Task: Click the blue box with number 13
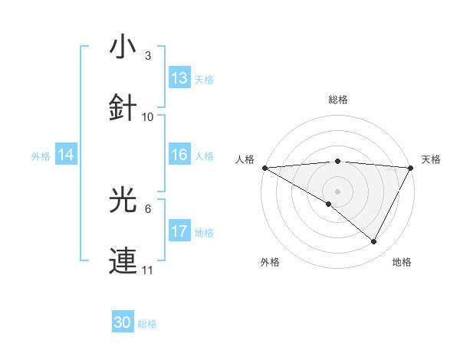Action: [179, 78]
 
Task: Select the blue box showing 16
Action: [179, 155]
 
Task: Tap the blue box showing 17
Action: [179, 231]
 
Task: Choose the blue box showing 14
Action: [66, 155]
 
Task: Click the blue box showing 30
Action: [123, 322]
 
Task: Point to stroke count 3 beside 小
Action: [148, 56]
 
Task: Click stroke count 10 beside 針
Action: [148, 117]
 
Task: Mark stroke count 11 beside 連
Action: [148, 270]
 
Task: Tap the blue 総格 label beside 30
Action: [147, 324]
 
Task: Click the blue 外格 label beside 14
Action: [41, 156]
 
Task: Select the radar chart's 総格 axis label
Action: [337, 100]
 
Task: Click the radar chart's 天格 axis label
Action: [432, 159]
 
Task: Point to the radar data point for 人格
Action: [264, 168]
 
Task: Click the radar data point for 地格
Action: [374, 242]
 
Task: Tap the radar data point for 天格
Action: [411, 168]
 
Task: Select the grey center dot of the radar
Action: [337, 191]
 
